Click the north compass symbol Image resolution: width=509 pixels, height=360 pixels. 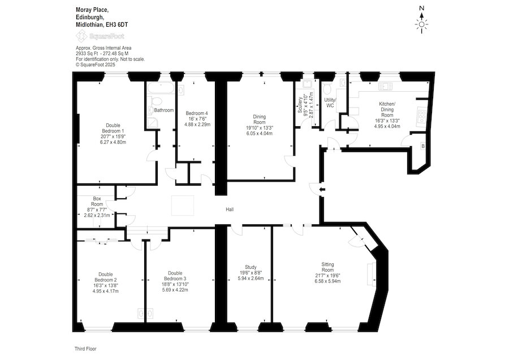tap(421, 23)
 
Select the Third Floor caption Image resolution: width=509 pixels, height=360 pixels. tap(87, 349)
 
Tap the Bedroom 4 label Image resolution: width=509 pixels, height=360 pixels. tap(198, 113)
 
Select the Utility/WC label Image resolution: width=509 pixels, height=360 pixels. tap(330, 103)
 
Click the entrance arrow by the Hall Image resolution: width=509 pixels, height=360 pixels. tap(321, 190)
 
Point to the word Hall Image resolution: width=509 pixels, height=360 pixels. tap(230, 209)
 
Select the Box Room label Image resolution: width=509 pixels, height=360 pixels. tap(96, 201)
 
